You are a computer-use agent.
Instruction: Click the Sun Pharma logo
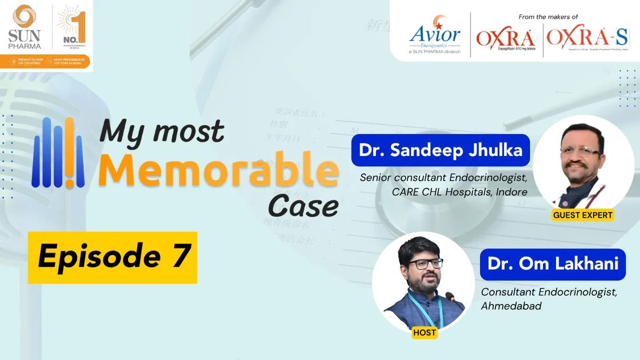tap(24, 26)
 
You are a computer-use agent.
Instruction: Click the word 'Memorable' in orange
tap(218, 169)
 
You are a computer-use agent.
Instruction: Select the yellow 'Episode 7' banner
tap(113, 257)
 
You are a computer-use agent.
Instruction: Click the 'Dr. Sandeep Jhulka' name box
tap(440, 150)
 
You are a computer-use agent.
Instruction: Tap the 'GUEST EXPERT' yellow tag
tap(583, 215)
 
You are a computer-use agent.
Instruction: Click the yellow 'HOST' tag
tap(423, 332)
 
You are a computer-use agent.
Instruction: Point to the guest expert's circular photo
tap(583, 163)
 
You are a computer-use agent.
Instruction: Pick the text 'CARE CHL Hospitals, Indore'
tap(459, 192)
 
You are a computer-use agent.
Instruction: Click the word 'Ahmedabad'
tap(511, 306)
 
